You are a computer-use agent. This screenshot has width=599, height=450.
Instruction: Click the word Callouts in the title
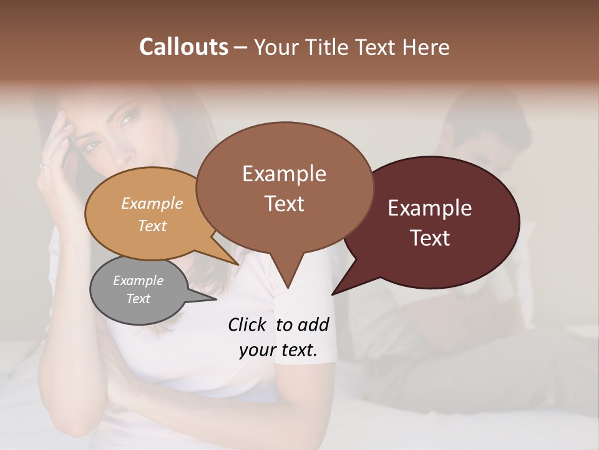183,47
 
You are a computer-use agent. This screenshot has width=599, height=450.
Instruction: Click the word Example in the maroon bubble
430,208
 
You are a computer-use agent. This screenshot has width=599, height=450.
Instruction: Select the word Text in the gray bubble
139,299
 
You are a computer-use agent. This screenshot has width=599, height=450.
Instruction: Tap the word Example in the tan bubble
152,203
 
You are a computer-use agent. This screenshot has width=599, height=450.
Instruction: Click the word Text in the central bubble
285,204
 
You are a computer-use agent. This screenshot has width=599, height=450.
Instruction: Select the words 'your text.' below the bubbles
278,351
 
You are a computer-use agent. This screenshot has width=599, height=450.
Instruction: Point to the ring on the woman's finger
44,166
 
